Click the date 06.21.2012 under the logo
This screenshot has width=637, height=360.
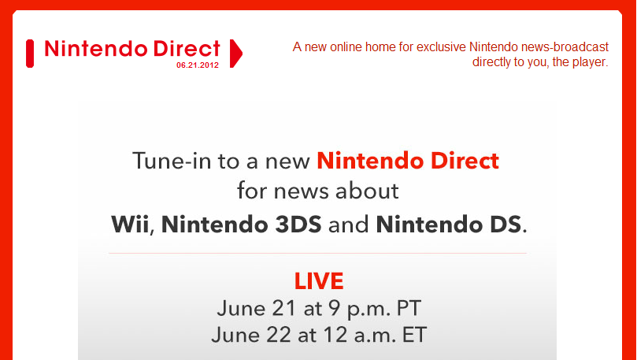pos(198,65)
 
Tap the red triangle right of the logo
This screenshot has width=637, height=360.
pos(235,54)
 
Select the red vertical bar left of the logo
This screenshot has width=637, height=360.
pos(30,54)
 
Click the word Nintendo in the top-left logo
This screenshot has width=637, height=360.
pos(96,48)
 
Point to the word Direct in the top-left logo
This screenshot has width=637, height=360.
pos(187,48)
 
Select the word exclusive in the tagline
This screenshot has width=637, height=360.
pos(441,46)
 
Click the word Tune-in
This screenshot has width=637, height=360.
pos(172,161)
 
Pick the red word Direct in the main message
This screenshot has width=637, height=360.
pos(465,161)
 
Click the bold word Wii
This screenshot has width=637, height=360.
pos(130,225)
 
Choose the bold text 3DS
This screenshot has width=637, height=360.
pos(298,225)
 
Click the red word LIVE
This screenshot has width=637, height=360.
pos(319,281)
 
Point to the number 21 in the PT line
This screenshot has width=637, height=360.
pos(283,308)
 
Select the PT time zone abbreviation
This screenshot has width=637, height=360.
pos(409,308)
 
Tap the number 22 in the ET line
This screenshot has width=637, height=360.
pos(279,336)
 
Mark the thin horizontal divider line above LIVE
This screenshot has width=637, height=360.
pos(317,253)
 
